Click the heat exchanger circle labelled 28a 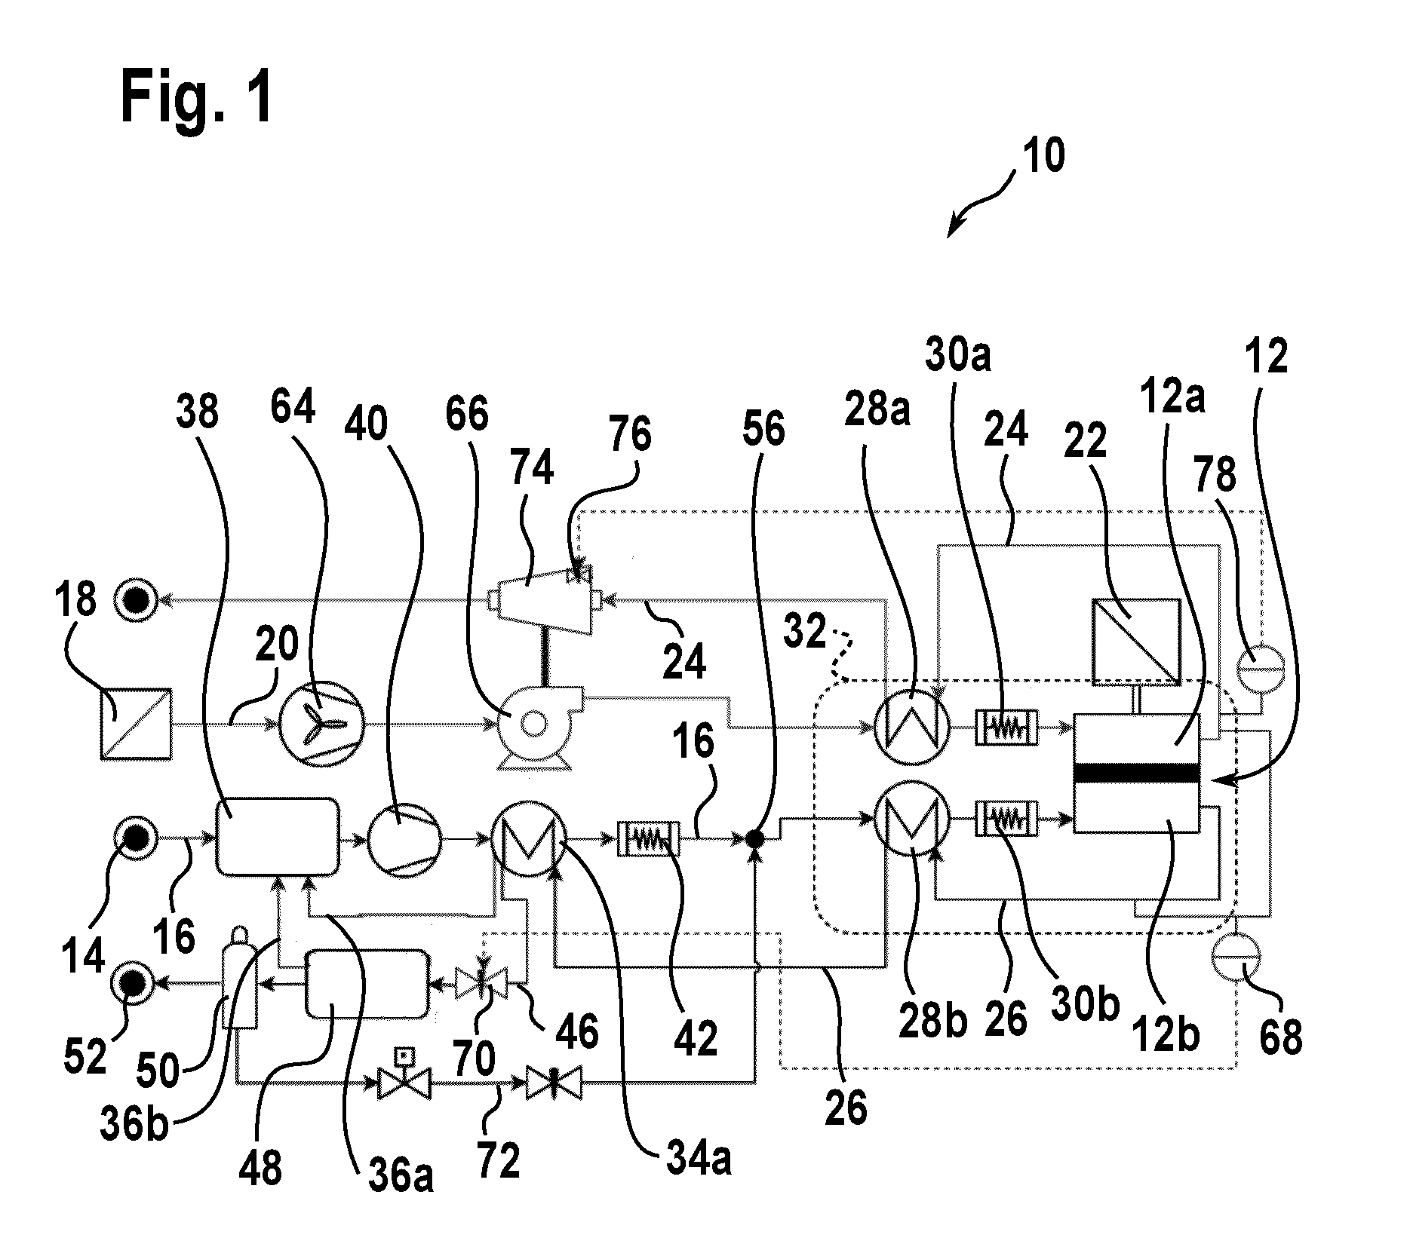click(x=912, y=728)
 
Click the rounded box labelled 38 click(x=278, y=837)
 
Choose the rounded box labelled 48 click(x=367, y=983)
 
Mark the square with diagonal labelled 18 click(x=136, y=723)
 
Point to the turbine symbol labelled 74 click(x=542, y=602)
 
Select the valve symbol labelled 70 click(x=481, y=983)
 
